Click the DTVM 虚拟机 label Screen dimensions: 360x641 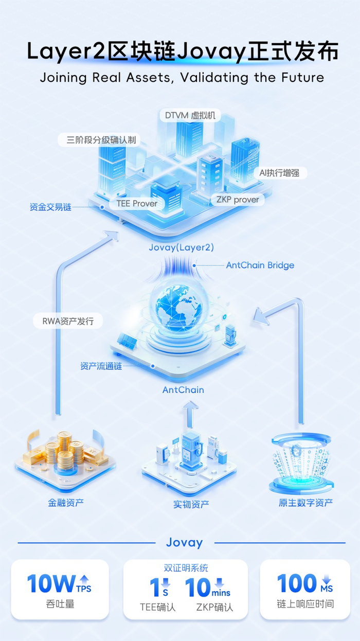[190, 115]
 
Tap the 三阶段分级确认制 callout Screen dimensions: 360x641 [99, 140]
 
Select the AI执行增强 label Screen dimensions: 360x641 [280, 173]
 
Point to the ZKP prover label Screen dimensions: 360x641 [238, 200]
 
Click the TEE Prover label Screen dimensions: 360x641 [137, 203]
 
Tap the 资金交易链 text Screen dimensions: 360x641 [50, 207]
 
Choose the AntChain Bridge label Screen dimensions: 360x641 [260, 265]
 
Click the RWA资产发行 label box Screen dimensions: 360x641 [68, 321]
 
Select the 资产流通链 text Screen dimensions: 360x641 [101, 366]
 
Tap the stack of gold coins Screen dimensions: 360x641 [65, 451]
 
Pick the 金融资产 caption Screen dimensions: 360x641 [65, 503]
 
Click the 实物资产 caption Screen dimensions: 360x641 [191, 504]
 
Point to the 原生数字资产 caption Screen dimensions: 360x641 [305, 503]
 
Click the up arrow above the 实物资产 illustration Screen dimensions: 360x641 [190, 414]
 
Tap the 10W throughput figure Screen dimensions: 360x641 [51, 584]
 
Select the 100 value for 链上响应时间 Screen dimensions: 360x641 [297, 583]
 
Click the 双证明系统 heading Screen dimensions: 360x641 [186, 568]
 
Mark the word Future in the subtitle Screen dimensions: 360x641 [302, 78]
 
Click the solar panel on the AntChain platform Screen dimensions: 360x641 [127, 342]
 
